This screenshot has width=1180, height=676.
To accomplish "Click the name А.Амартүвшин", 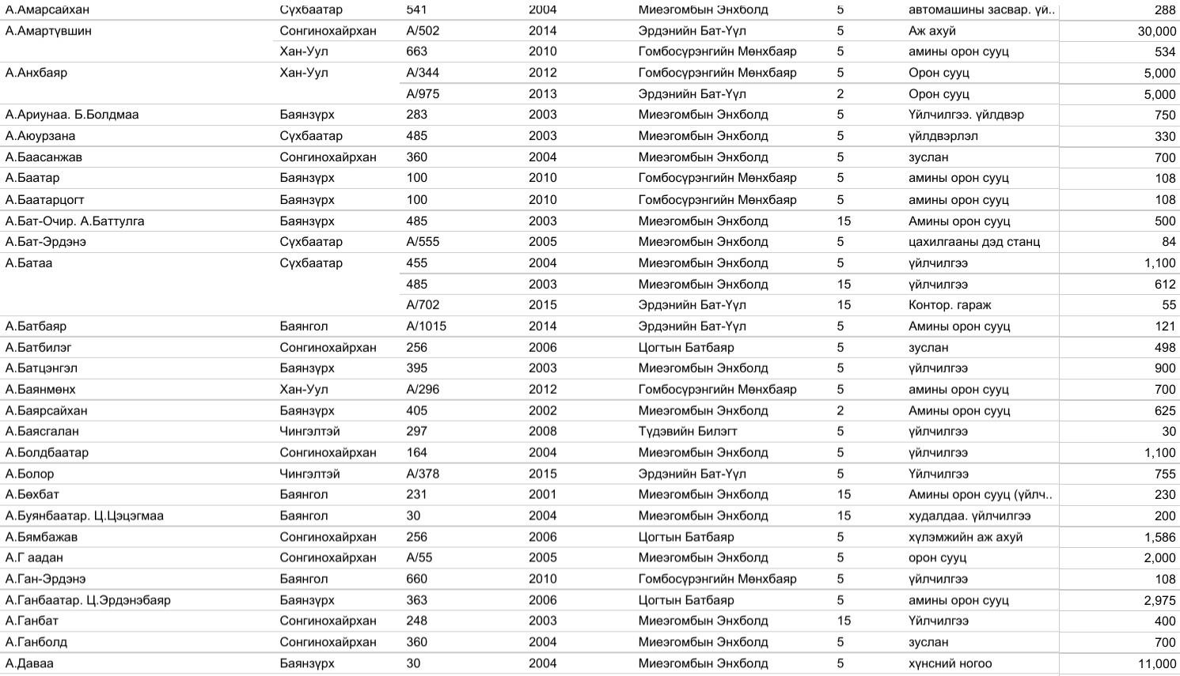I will click(48, 31).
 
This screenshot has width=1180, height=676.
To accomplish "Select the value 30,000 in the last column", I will click(1156, 31).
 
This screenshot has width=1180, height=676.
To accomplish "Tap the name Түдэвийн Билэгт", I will click(687, 431).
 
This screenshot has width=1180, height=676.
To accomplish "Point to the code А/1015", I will click(426, 326).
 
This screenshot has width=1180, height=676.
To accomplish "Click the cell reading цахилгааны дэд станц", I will click(973, 241).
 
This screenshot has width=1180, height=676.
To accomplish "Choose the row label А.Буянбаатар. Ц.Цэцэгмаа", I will click(85, 515).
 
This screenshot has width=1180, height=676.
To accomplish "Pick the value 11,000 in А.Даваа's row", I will click(1156, 663).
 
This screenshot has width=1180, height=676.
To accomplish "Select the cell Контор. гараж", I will click(949, 304).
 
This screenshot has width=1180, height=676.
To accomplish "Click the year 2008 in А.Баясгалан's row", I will click(542, 431).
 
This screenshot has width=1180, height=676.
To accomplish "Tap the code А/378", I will click(423, 474).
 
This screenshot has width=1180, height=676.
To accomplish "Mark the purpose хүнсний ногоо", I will click(950, 663).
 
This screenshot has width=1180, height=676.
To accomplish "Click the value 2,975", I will click(1159, 600).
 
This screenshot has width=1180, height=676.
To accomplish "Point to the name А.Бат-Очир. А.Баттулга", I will click(74, 221).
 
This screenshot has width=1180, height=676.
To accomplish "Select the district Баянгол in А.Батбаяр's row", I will click(303, 326).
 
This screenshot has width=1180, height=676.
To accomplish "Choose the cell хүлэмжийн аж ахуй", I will click(965, 537).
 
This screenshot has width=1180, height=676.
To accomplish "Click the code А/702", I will click(423, 304).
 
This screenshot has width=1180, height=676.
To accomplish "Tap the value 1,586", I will click(1159, 537).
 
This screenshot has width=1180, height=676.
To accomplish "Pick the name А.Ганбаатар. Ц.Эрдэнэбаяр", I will click(88, 600).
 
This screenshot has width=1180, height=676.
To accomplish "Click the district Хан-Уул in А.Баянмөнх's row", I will click(303, 389).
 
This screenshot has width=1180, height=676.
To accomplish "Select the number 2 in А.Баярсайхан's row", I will click(840, 410).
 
